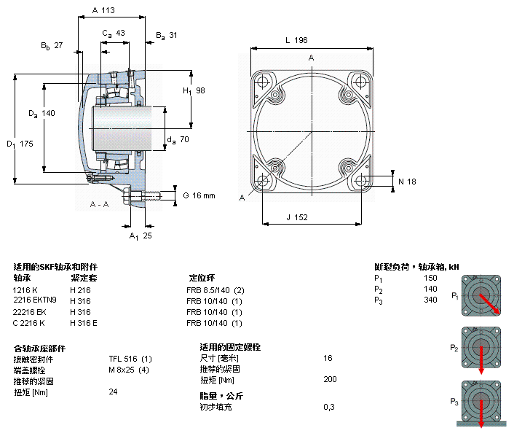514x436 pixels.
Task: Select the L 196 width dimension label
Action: (297, 40)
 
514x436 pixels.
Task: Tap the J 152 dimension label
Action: (297, 217)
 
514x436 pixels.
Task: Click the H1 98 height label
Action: (194, 90)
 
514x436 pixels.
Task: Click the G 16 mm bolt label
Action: (199, 195)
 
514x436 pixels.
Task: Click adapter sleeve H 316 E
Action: (84, 323)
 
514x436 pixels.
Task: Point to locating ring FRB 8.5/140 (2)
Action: (216, 290)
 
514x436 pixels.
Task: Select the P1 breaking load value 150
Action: (430, 278)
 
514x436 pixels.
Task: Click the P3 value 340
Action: (430, 300)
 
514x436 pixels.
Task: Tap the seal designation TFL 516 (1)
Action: (130, 359)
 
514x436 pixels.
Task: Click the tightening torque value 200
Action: (331, 380)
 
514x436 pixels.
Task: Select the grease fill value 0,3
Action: (329, 407)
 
